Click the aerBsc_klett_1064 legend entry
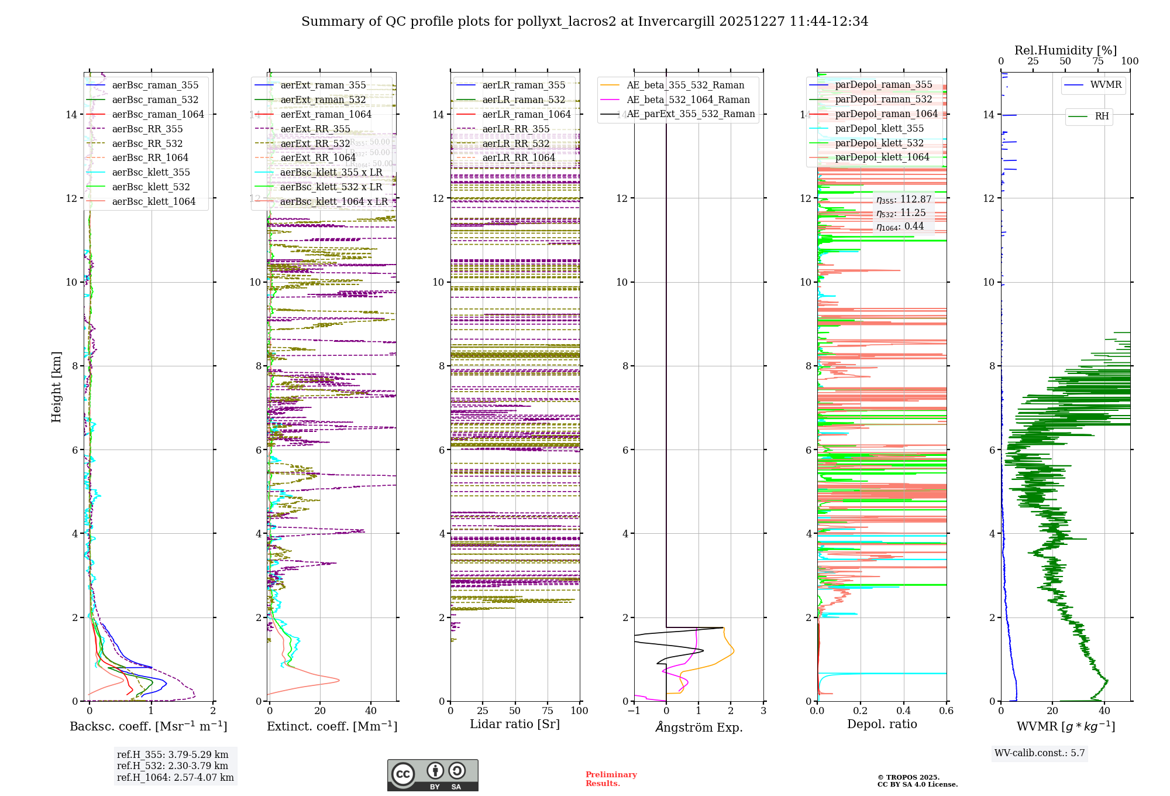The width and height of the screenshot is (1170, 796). coord(153,202)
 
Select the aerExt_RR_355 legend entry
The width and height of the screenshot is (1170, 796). coord(315,129)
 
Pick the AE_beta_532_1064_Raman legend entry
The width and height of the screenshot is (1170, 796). coord(688,100)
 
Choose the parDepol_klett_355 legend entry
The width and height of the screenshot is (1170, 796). coord(879,129)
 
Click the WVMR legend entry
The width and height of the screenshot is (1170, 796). coord(1106,85)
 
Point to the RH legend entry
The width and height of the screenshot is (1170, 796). coord(1102,116)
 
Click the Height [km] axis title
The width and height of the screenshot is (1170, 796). coord(56,387)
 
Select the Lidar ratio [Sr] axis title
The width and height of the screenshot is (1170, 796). coord(515,725)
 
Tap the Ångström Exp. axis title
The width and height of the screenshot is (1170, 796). coord(699,728)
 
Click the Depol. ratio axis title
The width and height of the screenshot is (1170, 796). coord(882,725)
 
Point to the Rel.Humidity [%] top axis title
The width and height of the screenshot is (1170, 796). coord(1065,50)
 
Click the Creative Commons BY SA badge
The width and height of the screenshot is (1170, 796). coord(432,776)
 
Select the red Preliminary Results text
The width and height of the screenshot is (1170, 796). coord(611,779)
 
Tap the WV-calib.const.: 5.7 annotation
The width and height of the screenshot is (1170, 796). coord(1040,753)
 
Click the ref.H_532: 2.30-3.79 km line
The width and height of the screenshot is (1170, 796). coord(173,766)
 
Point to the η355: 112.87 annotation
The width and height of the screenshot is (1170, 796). coord(904,200)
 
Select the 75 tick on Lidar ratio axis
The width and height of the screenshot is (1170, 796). coord(548,711)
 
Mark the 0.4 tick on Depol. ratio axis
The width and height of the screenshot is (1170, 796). coord(903,711)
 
